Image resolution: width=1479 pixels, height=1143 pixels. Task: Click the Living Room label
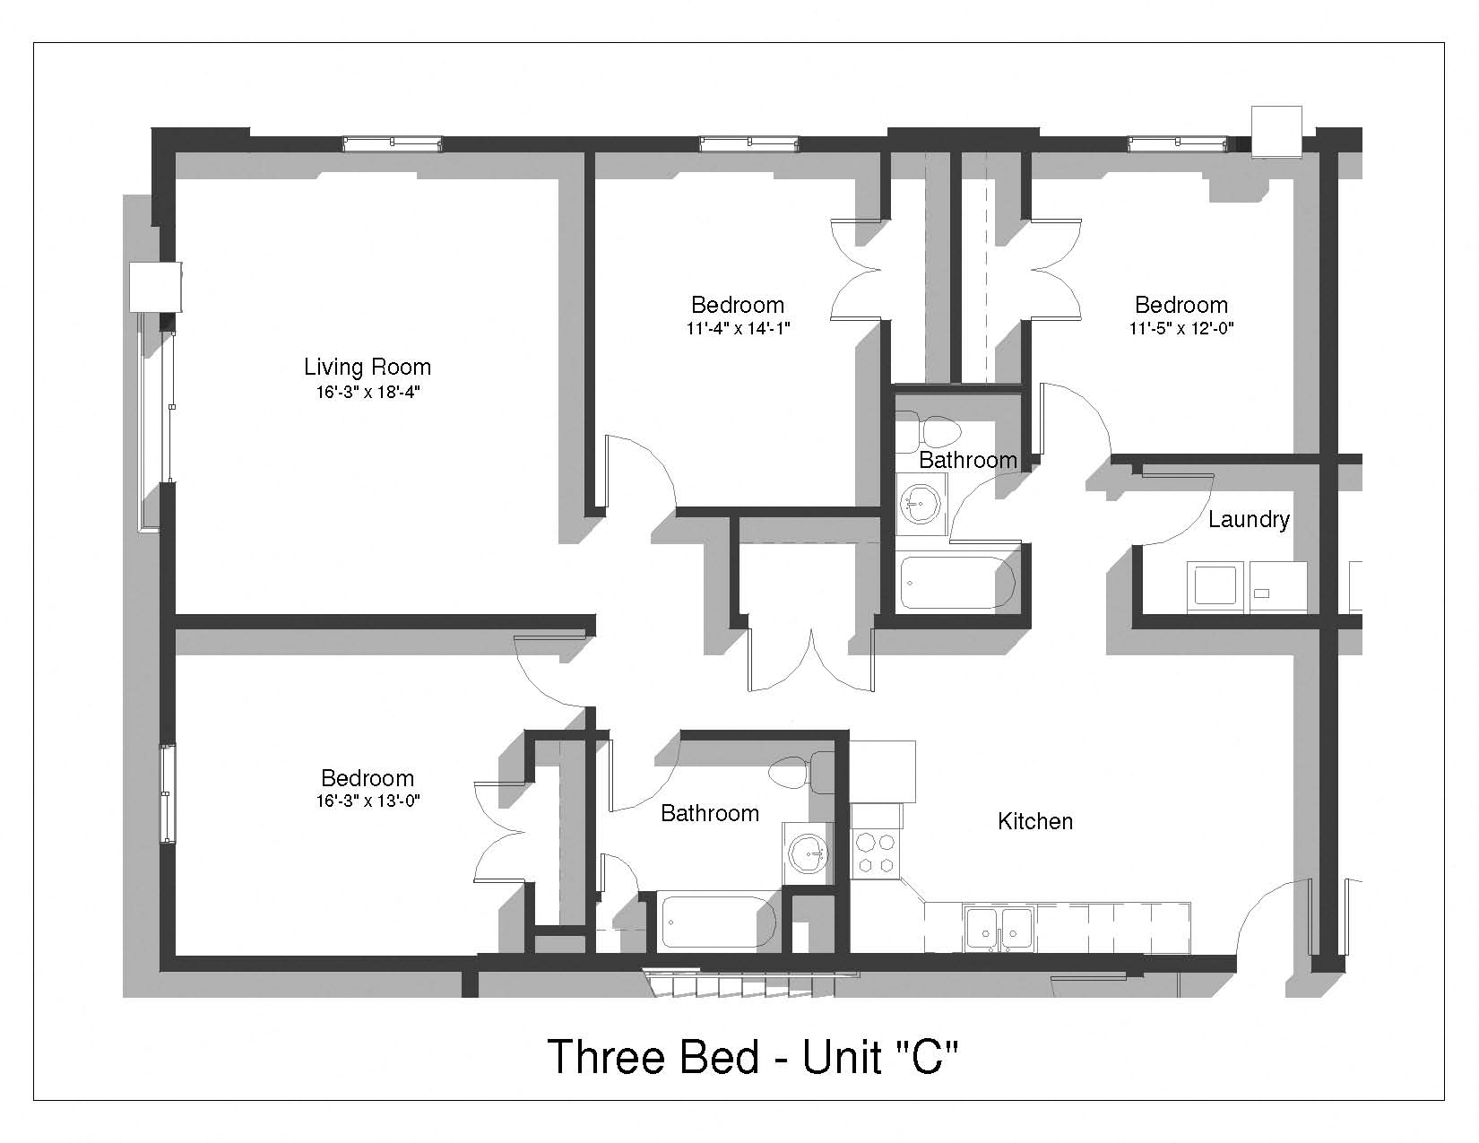pos(368,367)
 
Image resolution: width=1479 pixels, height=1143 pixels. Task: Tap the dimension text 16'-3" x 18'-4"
pos(368,392)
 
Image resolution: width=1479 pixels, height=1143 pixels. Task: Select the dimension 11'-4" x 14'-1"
pos(738,329)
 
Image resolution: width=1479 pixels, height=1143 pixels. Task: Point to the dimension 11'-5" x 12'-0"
pos(1181,329)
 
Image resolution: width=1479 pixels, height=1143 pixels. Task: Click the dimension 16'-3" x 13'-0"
pos(368,801)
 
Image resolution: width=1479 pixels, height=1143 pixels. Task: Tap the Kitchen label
pos(1035,821)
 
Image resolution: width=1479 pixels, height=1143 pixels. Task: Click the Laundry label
pos(1249,520)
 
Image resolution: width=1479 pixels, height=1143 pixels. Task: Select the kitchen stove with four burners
pos(876,853)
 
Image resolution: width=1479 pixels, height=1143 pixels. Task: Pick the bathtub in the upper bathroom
pos(957,583)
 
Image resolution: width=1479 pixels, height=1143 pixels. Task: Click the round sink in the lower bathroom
pos(808,854)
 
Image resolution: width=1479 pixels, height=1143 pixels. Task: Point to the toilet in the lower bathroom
pos(802,773)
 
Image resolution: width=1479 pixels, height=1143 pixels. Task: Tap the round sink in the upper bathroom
pos(921,505)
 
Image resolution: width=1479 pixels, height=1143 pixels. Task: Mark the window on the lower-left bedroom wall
pos(167,793)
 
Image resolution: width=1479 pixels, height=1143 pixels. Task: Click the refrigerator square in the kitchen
pos(882,771)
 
